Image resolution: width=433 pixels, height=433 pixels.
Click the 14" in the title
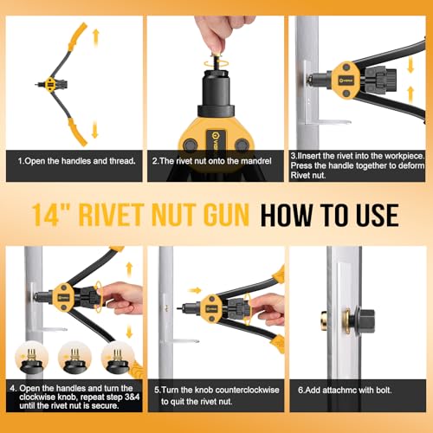point(49,215)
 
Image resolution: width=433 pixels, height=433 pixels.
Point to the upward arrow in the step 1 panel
point(94,37)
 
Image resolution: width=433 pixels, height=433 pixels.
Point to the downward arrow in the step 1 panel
point(94,130)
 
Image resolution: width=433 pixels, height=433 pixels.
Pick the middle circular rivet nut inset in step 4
point(74,356)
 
